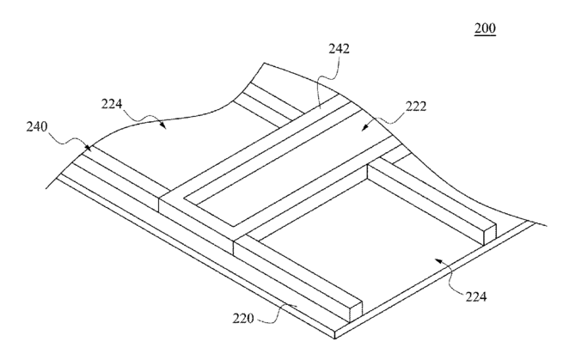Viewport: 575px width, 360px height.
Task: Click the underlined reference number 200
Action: pos(485,27)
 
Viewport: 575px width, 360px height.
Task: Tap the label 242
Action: pos(339,48)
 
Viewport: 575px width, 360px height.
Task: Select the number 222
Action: pos(416,107)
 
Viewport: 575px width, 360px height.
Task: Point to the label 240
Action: pos(37,127)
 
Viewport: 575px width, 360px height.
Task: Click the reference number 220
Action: pos(242,318)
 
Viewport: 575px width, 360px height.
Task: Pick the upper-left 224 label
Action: pos(112,105)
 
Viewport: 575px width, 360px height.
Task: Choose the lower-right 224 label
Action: pos(476,296)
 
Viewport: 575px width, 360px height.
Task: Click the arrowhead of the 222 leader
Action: pos(365,127)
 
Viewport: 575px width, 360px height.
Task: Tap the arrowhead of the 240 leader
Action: pos(88,147)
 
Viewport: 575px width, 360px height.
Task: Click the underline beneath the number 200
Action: pos(485,35)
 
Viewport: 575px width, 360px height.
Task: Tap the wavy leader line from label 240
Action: pos(69,140)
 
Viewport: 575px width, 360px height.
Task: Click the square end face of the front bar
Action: pos(356,311)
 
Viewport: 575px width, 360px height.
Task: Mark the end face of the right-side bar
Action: pos(490,234)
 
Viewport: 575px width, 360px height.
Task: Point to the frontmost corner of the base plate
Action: pos(335,339)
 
